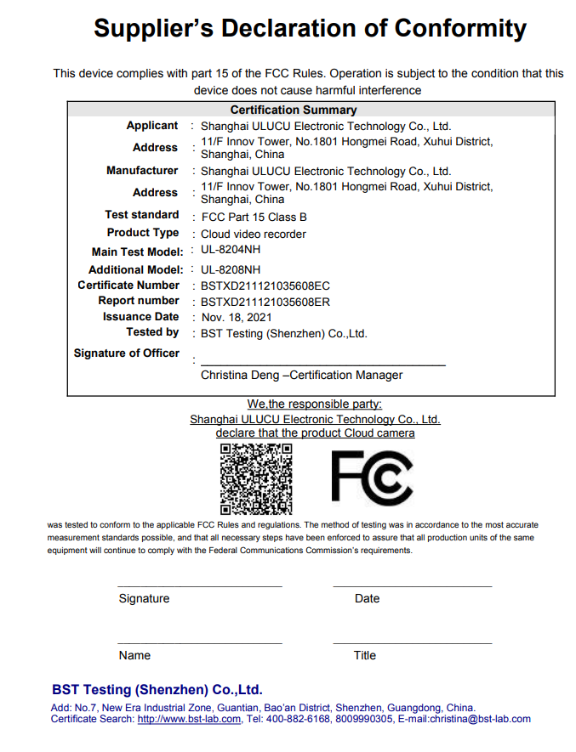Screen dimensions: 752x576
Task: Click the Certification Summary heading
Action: [x=294, y=110]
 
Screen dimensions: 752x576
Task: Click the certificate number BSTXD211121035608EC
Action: [x=265, y=286]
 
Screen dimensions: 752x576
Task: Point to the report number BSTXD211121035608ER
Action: [x=265, y=302]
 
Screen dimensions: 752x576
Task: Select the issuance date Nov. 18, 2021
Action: [x=237, y=317]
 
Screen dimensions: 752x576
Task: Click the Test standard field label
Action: [x=142, y=215]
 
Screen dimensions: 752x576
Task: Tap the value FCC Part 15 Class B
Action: [x=254, y=217]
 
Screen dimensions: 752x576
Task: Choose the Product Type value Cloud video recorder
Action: [x=254, y=234]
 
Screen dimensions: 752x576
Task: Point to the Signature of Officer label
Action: [x=127, y=353]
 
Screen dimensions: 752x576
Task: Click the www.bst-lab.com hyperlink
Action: [x=189, y=719]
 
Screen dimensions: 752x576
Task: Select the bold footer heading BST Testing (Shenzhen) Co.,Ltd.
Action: [x=157, y=689]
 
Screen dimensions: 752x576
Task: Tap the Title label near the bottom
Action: [x=365, y=655]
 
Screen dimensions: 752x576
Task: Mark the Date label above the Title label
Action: [x=367, y=598]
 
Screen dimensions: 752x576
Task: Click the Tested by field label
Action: [x=152, y=332]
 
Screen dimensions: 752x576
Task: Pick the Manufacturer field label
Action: [x=142, y=170]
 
